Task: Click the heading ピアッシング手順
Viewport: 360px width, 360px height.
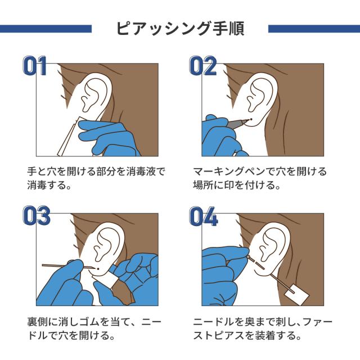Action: tap(180, 29)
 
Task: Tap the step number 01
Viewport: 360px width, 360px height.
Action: tap(35, 66)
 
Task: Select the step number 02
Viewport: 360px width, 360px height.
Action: tap(203, 66)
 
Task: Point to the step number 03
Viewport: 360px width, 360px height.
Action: tap(37, 215)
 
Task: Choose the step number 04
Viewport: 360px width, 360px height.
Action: tap(204, 216)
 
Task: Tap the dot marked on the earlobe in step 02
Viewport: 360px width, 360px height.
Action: tap(251, 119)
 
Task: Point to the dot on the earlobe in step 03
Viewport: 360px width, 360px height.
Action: tap(98, 269)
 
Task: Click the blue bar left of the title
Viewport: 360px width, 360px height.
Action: tap(46, 29)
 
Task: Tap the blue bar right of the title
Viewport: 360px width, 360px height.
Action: tap(314, 29)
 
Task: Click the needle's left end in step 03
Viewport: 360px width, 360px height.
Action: tap(43, 265)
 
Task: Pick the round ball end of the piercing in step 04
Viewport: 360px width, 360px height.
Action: tap(249, 256)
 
